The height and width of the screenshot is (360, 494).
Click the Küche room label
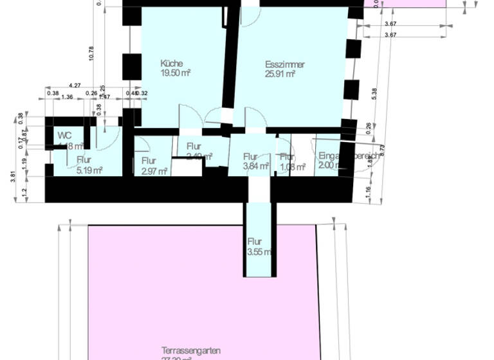coord(172,64)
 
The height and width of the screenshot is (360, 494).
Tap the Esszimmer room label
coord(284,64)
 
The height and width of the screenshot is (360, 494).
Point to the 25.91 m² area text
coord(280,74)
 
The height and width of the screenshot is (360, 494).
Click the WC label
coord(64,135)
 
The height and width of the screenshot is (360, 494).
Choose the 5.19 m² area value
coord(90,170)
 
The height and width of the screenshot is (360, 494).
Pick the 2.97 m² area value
coord(154,171)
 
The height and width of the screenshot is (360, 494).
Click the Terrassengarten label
coord(191,351)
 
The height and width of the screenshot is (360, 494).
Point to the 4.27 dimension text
coord(75,85)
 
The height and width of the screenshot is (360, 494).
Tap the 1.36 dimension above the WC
coord(67,97)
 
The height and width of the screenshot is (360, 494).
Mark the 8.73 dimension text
coord(382,150)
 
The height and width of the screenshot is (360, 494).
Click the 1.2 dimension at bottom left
coord(25,192)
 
